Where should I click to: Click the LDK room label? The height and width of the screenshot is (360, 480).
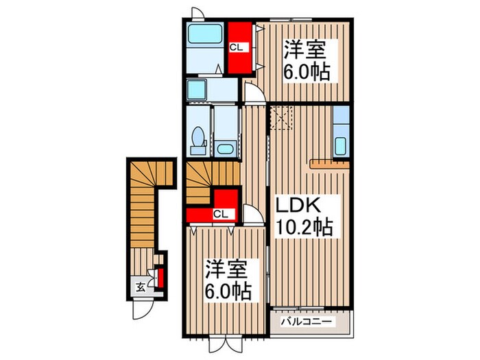(298, 206)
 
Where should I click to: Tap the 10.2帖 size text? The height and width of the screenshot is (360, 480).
(304, 226)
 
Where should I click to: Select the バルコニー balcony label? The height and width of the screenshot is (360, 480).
(307, 322)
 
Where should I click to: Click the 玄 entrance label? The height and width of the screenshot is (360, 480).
(141, 287)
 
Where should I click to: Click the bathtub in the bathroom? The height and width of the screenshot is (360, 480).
(205, 34)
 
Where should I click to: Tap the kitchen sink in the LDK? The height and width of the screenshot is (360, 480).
(340, 146)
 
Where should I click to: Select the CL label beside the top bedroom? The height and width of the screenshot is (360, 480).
(237, 47)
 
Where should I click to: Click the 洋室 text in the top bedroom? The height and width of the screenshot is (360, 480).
(304, 49)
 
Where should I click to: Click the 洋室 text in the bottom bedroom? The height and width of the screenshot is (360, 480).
(226, 269)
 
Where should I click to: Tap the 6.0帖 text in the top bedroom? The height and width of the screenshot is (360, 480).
(306, 72)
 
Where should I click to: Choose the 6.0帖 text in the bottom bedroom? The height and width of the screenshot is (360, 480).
(228, 291)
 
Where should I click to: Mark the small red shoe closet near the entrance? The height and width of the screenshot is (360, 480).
(160, 278)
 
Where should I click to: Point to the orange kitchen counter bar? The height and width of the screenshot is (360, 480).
(330, 164)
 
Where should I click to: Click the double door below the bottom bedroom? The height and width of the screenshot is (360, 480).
(226, 345)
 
